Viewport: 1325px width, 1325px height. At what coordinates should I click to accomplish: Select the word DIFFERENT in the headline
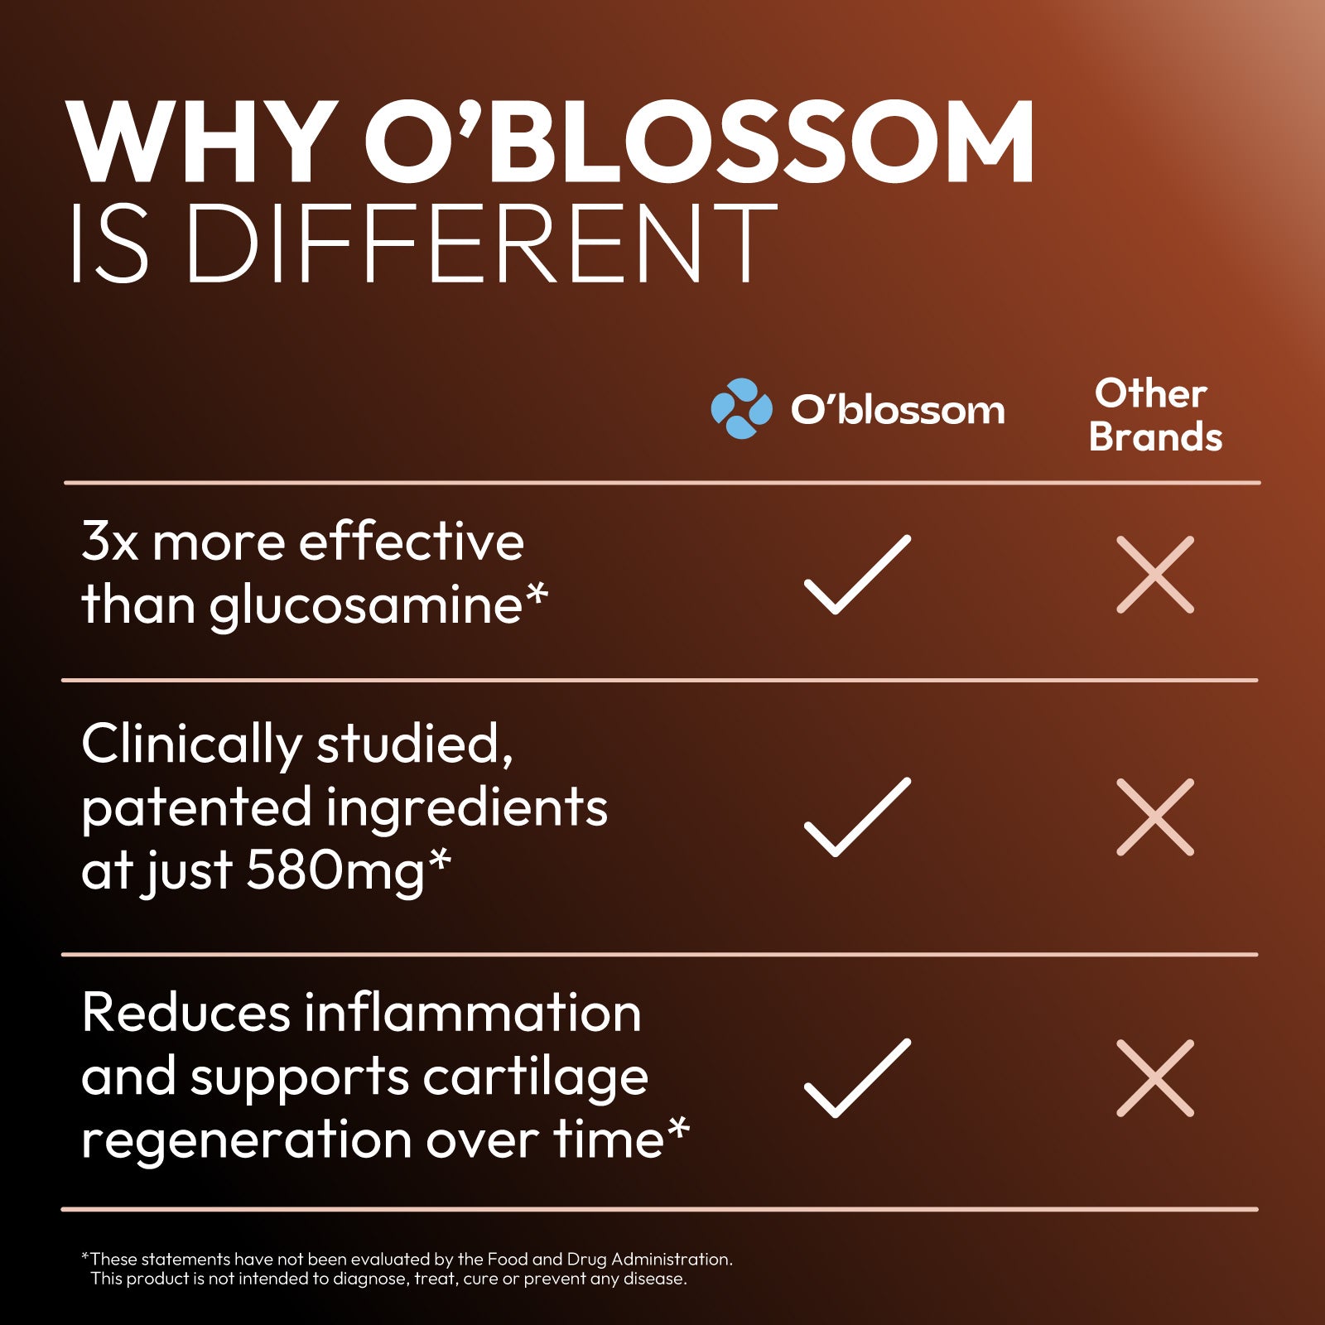[481, 243]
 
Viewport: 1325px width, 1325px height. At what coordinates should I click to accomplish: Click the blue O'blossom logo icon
[741, 408]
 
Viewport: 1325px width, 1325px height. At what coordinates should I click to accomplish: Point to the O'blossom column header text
[898, 409]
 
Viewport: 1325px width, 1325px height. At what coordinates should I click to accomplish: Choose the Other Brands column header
[1155, 415]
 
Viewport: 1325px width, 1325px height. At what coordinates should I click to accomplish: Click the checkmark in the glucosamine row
[857, 575]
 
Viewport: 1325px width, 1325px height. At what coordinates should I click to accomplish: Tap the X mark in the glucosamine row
[1155, 575]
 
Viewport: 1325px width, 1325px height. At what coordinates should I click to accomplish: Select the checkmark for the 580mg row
[857, 817]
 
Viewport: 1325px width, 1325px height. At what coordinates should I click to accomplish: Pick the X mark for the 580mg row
[1155, 817]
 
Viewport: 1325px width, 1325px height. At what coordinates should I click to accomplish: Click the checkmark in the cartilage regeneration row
[857, 1078]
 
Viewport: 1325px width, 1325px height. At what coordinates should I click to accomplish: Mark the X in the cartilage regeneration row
[1155, 1078]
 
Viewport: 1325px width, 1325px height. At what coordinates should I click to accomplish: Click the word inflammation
[473, 1013]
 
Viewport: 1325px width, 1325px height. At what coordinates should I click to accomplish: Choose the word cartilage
[536, 1079]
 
